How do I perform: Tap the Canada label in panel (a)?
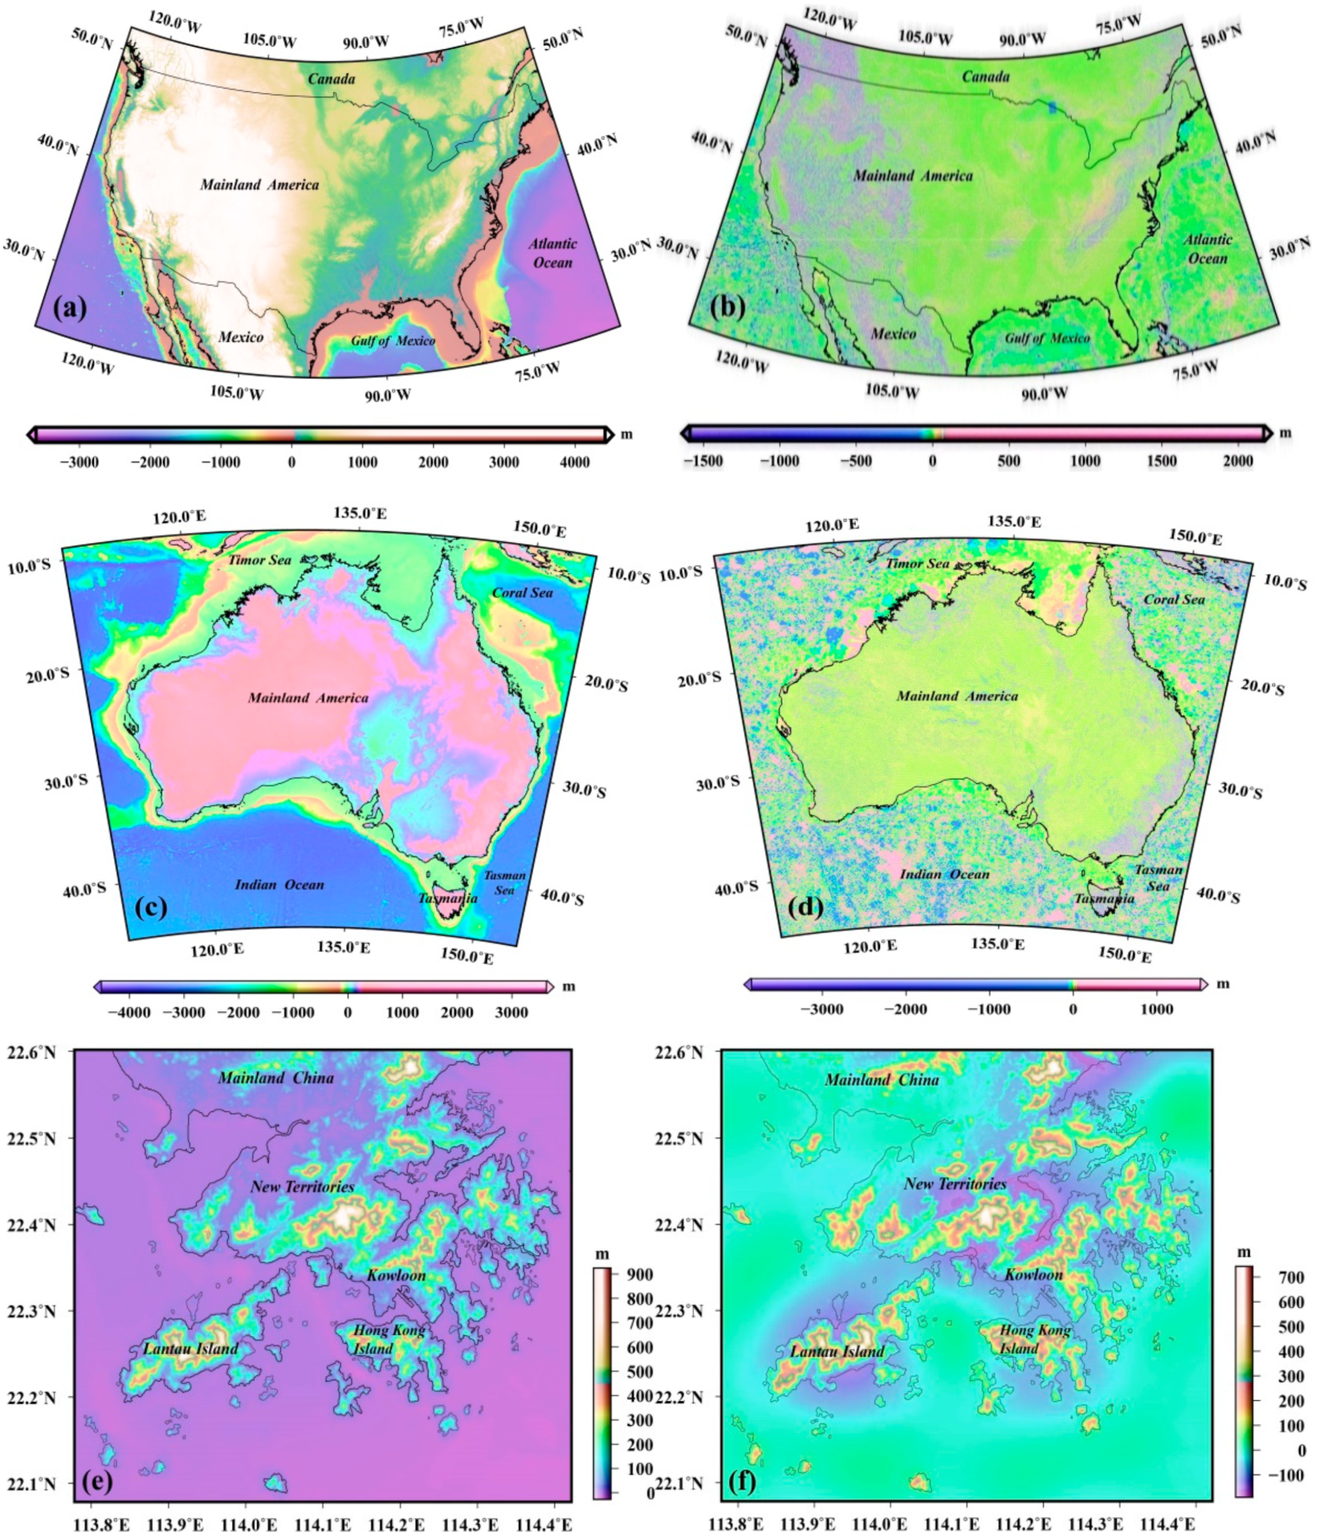click(x=331, y=79)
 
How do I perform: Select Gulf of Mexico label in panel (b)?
click(x=1047, y=338)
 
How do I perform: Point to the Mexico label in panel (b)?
click(x=893, y=334)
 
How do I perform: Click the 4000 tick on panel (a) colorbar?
click(x=574, y=462)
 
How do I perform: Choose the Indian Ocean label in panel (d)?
click(x=945, y=874)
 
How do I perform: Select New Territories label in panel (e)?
click(x=302, y=1187)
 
